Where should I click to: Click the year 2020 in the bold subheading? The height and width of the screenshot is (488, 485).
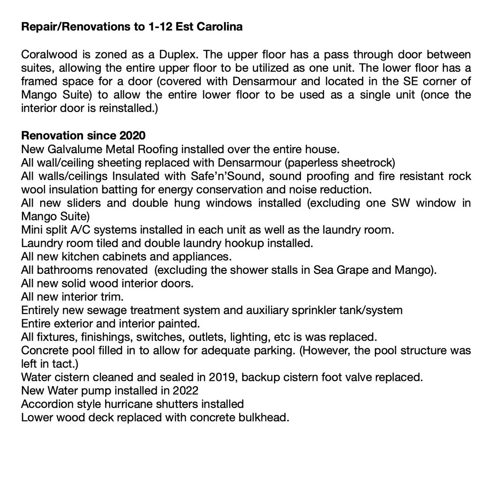tap(132, 136)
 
